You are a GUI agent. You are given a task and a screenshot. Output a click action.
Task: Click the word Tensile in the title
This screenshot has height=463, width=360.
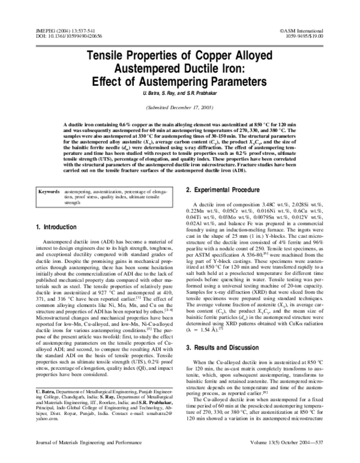click(x=112, y=56)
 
